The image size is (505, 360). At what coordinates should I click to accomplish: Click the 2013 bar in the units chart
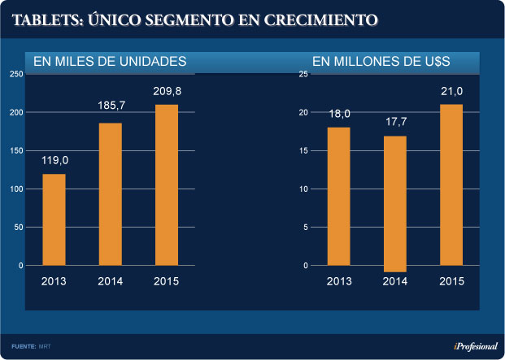(x=54, y=219)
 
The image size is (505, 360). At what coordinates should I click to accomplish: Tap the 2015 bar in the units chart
(x=167, y=184)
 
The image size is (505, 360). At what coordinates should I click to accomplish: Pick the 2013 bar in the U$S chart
(x=339, y=196)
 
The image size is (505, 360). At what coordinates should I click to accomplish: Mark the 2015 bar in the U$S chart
(x=451, y=184)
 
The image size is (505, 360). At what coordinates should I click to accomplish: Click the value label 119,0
(x=54, y=160)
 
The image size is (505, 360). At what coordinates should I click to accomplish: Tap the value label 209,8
(x=167, y=90)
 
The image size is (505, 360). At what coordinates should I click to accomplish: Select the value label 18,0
(x=339, y=114)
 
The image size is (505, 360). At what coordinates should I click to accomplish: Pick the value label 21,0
(x=451, y=90)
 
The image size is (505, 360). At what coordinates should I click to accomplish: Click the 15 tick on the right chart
(x=303, y=150)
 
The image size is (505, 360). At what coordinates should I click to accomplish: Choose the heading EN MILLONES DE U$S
(x=381, y=61)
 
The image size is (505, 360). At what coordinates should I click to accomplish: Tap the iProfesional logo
(x=475, y=346)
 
